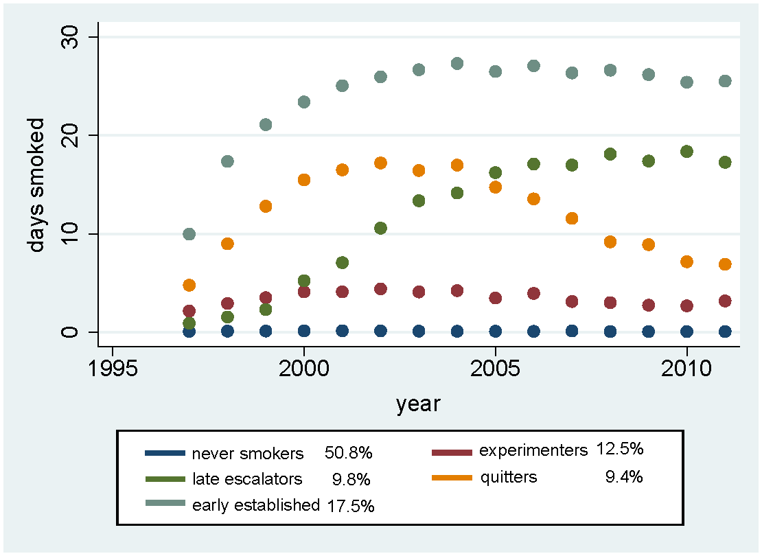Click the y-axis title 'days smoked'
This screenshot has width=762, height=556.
(x=36, y=185)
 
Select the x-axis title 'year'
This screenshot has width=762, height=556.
(x=418, y=404)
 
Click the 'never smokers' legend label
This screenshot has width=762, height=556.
(x=248, y=454)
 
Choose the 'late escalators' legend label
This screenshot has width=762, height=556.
(x=248, y=478)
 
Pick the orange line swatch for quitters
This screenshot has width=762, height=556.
(x=452, y=478)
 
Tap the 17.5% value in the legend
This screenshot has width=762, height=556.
(x=351, y=506)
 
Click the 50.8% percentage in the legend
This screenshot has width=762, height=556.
(x=348, y=454)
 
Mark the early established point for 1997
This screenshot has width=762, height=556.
(x=189, y=234)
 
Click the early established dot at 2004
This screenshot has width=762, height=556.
(x=457, y=64)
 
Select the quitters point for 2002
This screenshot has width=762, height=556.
(x=380, y=163)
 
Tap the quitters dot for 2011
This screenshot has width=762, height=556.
(x=724, y=264)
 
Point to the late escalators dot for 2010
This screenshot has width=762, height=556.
(x=686, y=152)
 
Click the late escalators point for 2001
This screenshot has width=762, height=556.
(x=342, y=262)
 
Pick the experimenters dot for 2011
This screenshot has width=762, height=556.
(x=724, y=301)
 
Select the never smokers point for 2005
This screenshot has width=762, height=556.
(x=495, y=332)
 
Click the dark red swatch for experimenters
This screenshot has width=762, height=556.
(x=452, y=453)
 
